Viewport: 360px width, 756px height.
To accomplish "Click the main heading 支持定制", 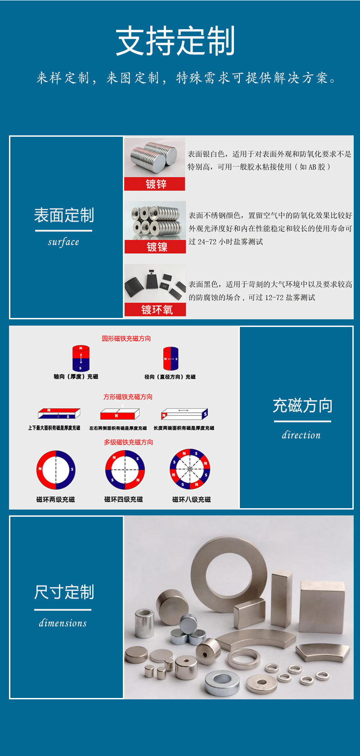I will click(175, 41).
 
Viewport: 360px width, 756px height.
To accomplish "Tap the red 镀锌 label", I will click(155, 184).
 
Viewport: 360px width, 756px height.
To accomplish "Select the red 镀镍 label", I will click(155, 247).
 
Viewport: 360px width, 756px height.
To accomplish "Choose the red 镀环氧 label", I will click(155, 310).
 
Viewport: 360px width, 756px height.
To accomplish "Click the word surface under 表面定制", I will click(63, 242).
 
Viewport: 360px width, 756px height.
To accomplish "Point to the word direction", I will click(301, 435).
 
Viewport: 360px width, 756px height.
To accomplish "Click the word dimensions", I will click(63, 623).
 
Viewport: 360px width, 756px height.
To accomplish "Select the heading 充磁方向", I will click(302, 406).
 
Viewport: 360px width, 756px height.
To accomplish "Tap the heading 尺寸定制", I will click(64, 592).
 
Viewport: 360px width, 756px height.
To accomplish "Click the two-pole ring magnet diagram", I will click(56, 470).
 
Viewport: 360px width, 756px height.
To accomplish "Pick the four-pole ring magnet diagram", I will click(125, 470).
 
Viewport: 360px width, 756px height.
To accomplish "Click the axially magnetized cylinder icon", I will click(81, 358).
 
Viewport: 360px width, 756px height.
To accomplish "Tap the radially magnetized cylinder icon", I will click(171, 358).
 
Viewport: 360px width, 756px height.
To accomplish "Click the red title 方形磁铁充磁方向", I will click(128, 397).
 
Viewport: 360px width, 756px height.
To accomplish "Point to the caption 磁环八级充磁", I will click(191, 499).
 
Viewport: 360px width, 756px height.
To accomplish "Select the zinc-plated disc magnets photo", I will click(154, 157).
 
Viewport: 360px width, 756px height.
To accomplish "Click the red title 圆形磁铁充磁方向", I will click(126, 338).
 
